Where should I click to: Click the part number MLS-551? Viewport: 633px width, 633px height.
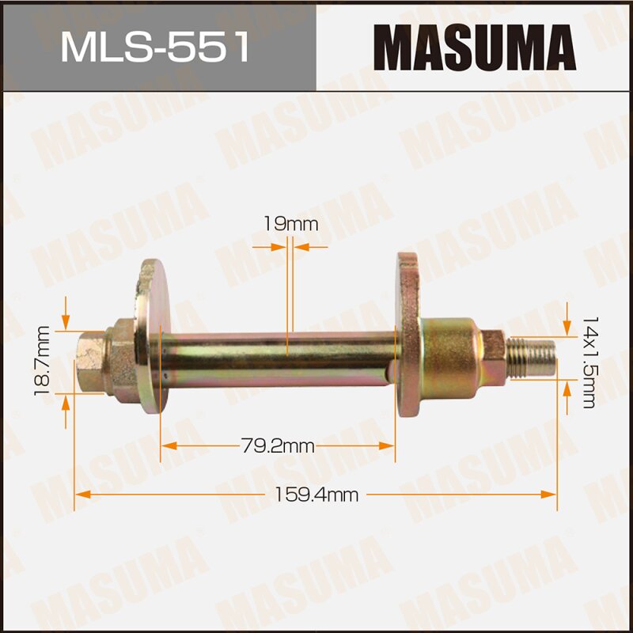pos(156,47)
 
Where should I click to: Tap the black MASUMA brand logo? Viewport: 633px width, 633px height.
pos(475,47)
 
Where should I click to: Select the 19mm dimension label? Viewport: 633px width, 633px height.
pos(290,224)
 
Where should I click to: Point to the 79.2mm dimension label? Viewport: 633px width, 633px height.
pos(278,446)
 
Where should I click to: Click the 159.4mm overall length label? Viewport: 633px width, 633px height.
pos(316,495)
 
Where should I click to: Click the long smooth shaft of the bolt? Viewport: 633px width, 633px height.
pos(277,356)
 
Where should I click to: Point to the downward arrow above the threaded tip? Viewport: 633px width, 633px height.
pos(567,324)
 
